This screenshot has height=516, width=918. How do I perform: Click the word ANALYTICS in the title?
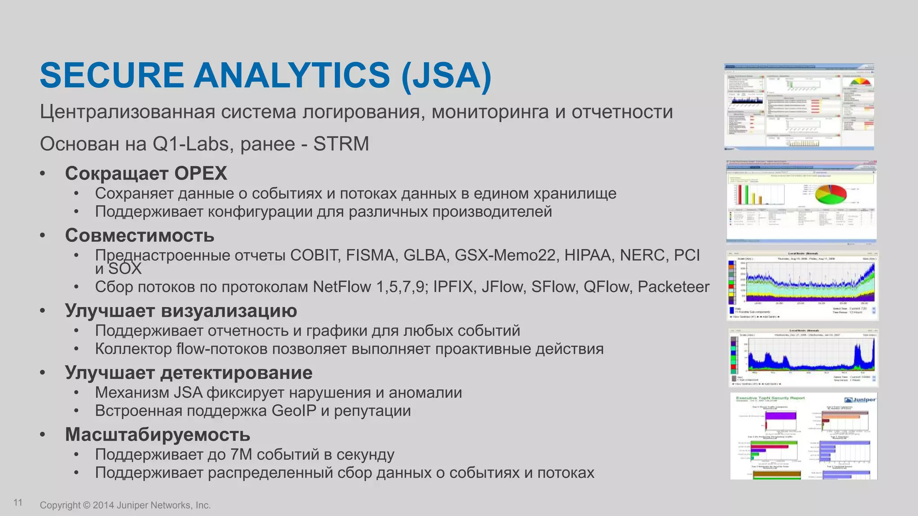pyautogui.click(x=292, y=75)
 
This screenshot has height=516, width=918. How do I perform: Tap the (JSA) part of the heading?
pyautogui.click(x=446, y=75)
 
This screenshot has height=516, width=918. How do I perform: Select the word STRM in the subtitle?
pyautogui.click(x=341, y=144)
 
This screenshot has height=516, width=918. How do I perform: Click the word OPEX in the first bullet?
pyautogui.click(x=200, y=173)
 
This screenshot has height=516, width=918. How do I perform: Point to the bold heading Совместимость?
pyautogui.click(x=139, y=236)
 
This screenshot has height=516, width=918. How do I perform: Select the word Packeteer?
pyautogui.click(x=673, y=287)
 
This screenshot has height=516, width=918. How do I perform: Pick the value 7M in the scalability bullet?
pyautogui.click(x=241, y=455)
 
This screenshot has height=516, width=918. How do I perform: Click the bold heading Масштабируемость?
pyautogui.click(x=157, y=434)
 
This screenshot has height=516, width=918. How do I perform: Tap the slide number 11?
pyautogui.click(x=18, y=503)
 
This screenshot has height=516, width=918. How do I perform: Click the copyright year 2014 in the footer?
pyautogui.click(x=104, y=505)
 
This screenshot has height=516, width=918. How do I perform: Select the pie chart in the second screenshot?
pyautogui.click(x=830, y=194)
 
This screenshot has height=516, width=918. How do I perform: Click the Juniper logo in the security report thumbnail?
pyautogui.click(x=860, y=400)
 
